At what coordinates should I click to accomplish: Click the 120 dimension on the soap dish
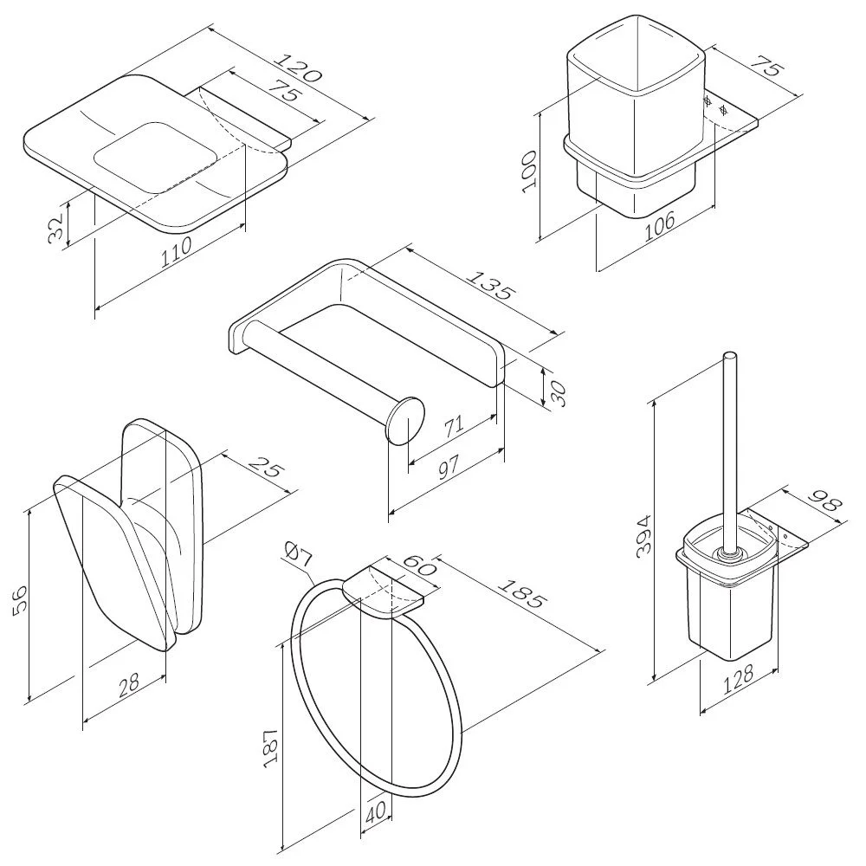pyautogui.click(x=297, y=69)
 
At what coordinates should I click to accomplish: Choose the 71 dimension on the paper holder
pyautogui.click(x=452, y=425)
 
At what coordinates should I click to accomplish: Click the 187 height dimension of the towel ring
pyautogui.click(x=269, y=746)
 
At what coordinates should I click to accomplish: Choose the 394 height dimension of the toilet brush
pyautogui.click(x=643, y=537)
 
